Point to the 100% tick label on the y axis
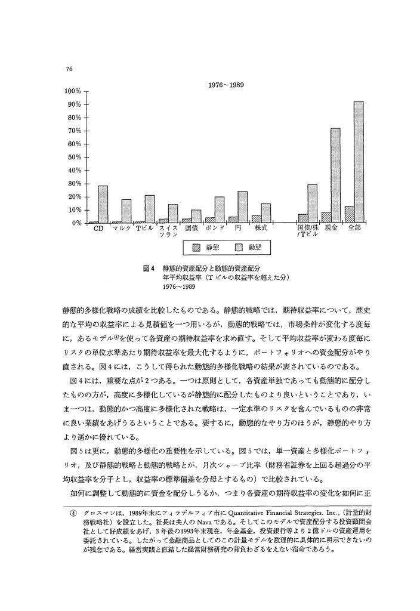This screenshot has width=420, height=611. tap(72, 91)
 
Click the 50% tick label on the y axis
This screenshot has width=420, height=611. tap(74, 157)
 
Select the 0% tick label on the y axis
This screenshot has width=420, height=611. tap(76, 223)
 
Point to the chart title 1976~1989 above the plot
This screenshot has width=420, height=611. tap(225, 85)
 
